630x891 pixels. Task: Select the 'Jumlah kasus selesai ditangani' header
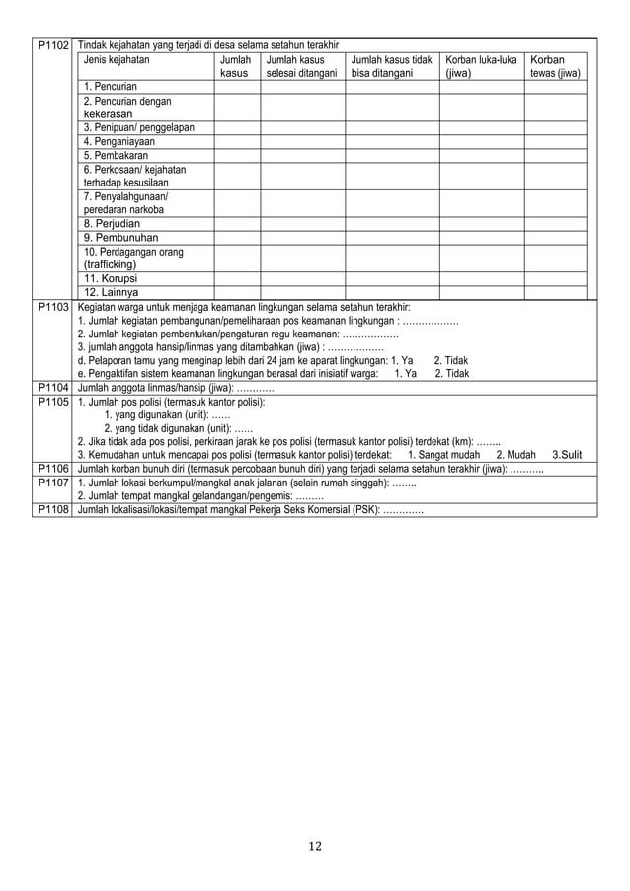[x=300, y=66]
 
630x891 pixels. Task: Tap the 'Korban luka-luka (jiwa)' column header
[x=481, y=66]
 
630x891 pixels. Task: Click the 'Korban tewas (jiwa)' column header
[x=554, y=66]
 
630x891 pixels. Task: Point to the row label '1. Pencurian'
[x=111, y=89]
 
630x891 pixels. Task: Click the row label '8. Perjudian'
[x=112, y=223]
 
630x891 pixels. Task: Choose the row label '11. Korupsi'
[x=110, y=277]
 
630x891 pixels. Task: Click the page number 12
[x=314, y=845]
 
